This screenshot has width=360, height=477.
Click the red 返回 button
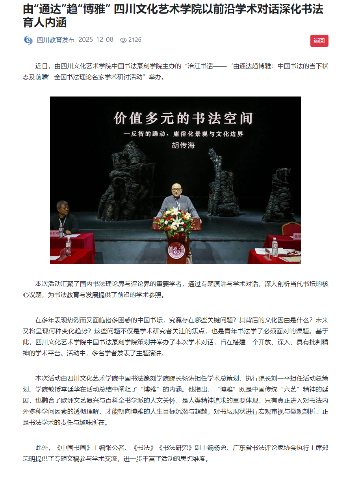(x=319, y=41)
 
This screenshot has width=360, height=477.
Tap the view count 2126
(x=135, y=40)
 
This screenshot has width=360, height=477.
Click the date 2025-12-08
(x=96, y=40)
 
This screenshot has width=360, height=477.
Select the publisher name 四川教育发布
(x=56, y=40)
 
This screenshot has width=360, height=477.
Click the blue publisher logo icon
(x=28, y=40)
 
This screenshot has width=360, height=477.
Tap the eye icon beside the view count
(x=123, y=40)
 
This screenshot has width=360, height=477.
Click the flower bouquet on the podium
(x=177, y=222)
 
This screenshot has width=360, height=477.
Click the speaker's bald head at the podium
(x=176, y=189)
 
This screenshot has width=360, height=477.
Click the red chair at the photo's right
(x=291, y=228)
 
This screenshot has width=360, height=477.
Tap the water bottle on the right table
(x=275, y=247)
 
